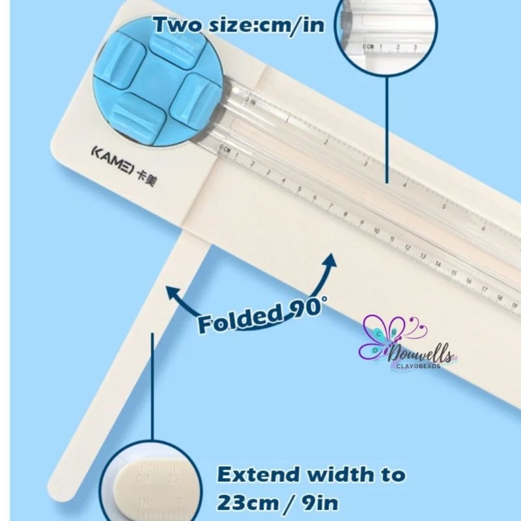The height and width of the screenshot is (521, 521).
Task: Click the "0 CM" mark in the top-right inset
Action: point(369,46)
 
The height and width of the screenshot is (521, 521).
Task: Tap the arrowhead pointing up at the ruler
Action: point(330,260)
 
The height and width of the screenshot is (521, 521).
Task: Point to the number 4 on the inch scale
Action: point(405,184)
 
